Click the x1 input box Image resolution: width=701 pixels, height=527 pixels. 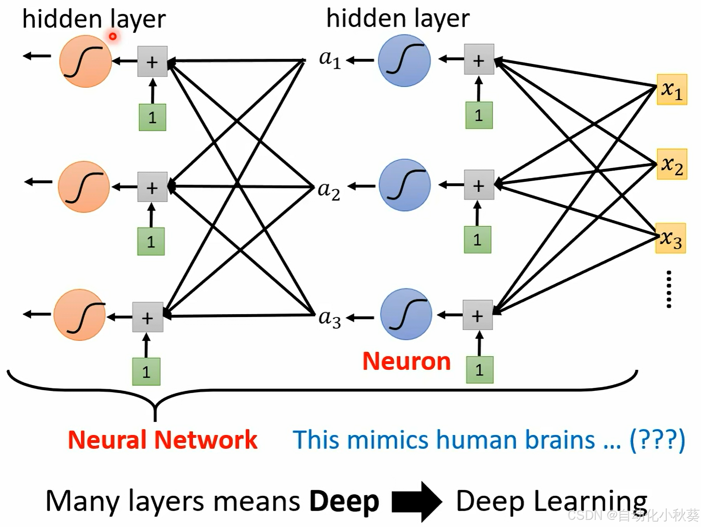click(672, 89)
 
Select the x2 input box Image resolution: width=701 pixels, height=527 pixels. click(672, 164)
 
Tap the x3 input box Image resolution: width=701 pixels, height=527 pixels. click(670, 238)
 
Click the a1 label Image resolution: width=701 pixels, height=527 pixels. click(330, 59)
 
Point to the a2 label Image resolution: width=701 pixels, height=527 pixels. click(329, 191)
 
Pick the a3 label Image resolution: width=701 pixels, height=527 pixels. click(330, 318)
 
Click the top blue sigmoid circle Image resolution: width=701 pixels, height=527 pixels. click(404, 61)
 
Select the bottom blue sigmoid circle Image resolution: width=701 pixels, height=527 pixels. click(406, 314)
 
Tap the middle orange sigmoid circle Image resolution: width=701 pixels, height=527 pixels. click(84, 187)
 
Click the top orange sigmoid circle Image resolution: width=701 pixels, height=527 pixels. click(86, 61)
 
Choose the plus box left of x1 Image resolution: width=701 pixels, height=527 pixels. click(479, 59)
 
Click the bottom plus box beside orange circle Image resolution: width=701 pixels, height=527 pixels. click(148, 317)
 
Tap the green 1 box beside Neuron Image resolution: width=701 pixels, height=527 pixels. click(480, 370)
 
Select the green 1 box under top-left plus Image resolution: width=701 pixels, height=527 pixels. click(152, 117)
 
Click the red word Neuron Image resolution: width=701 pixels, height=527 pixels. click(407, 362)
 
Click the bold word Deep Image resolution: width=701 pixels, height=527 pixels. click(344, 502)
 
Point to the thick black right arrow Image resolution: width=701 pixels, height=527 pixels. click(417, 502)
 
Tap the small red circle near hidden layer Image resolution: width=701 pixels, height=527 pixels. click(113, 36)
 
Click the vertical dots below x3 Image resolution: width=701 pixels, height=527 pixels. click(669, 289)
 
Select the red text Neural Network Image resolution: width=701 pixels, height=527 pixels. click(163, 440)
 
